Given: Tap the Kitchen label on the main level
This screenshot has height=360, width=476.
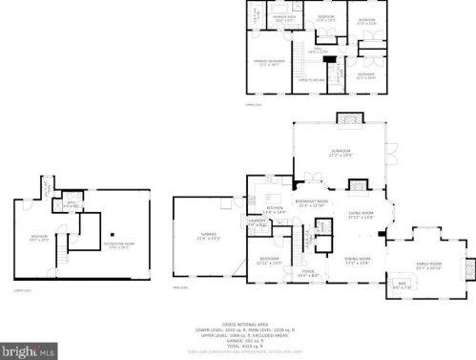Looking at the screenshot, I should pos(275,208).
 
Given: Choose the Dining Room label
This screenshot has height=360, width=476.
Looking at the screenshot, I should pos(357,260).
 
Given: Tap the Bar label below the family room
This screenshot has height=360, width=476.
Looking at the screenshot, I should pos(402,285).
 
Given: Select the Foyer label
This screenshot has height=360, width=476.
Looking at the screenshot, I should pos(308,272).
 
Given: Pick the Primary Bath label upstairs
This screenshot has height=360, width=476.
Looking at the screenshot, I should pos(283,16).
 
